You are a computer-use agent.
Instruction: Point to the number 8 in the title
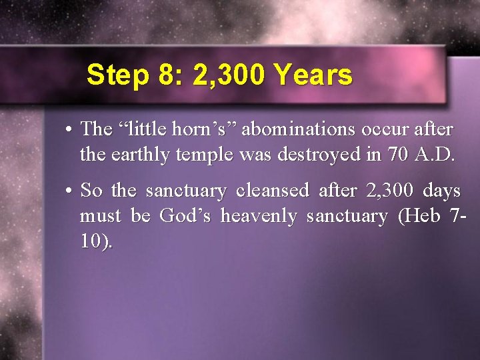(x=167, y=75)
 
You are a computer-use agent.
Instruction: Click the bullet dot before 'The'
(x=69, y=129)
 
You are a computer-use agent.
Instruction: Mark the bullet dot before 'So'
(x=69, y=191)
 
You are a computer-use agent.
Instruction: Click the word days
(x=442, y=191)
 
